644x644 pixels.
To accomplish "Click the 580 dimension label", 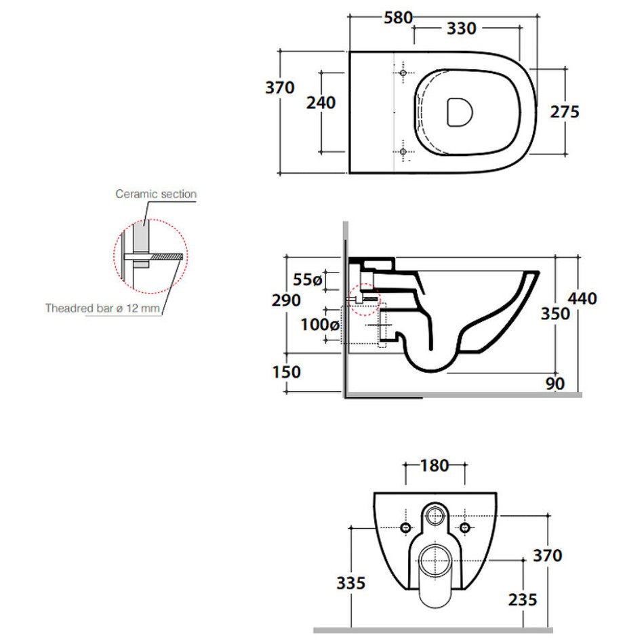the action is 398,18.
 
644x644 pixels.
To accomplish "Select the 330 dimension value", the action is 461,28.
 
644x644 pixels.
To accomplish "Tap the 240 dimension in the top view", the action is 321,102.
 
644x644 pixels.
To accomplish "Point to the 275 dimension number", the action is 565,112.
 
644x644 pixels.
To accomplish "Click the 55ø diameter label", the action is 308,280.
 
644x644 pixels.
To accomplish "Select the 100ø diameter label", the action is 320,325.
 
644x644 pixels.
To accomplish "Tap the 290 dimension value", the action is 286,300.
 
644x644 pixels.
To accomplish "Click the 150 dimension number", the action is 287,372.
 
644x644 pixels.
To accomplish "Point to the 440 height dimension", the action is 582,298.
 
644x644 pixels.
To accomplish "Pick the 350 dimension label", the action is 555,314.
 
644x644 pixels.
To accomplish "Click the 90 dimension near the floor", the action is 555,384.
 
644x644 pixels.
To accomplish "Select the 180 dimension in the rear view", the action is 435,466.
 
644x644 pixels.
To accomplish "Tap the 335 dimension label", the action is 350,583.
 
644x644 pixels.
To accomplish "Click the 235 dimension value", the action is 523,600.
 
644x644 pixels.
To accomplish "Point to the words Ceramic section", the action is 156,194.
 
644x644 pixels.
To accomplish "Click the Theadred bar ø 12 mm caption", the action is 102,308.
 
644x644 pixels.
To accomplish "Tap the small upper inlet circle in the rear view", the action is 435,515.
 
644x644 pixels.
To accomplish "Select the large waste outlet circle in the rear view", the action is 435,561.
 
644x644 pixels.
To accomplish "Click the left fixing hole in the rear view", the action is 406,527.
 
